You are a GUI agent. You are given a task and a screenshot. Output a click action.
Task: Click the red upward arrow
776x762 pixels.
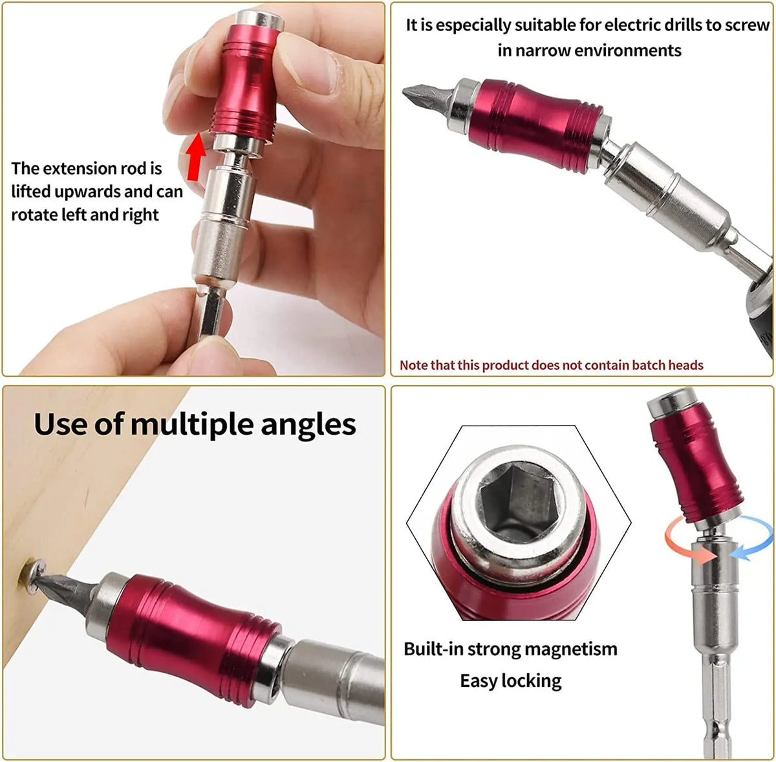[x=196, y=157]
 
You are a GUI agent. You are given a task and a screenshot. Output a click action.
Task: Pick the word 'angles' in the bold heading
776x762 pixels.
[x=308, y=426]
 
